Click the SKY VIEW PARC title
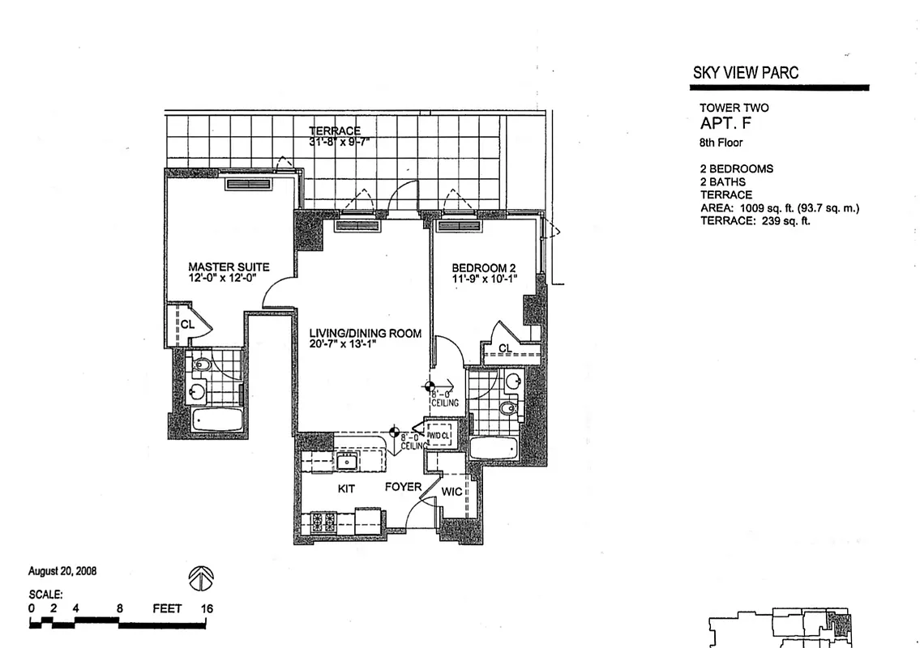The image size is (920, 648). pyautogui.click(x=745, y=72)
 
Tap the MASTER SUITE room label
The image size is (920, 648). pyautogui.click(x=229, y=266)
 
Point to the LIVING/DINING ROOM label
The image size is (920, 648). pyautogui.click(x=365, y=333)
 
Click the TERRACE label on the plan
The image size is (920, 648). pyautogui.click(x=334, y=131)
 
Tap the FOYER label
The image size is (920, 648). pyautogui.click(x=402, y=487)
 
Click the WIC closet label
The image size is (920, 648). pyautogui.click(x=451, y=492)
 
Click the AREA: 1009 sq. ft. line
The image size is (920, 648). pyautogui.click(x=779, y=208)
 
